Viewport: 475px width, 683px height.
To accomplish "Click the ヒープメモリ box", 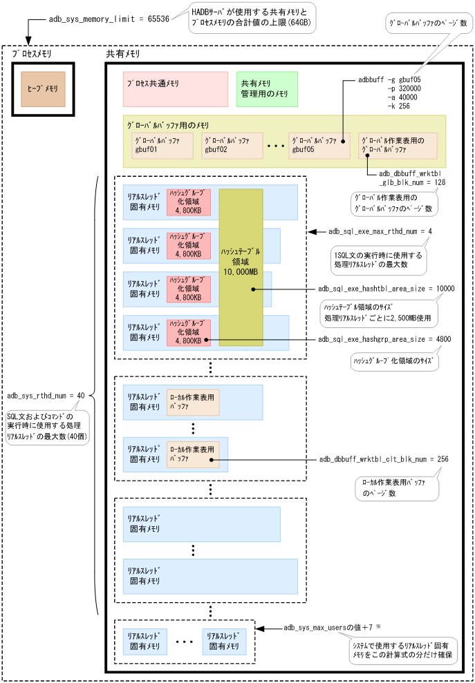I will (43, 88).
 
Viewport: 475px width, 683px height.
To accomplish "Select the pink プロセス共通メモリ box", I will (175, 89).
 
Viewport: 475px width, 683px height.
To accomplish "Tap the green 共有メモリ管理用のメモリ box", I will (266, 89).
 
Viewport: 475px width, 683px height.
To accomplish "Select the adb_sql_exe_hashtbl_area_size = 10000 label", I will (386, 289).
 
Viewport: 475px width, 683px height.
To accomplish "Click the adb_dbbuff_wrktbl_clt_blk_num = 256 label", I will (384, 459).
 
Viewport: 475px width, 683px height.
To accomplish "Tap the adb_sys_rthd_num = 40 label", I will (46, 396).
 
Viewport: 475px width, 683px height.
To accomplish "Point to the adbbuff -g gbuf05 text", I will (391, 79).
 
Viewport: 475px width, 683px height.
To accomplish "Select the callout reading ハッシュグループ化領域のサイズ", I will (391, 360).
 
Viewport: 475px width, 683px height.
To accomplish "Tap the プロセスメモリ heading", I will (32, 53).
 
